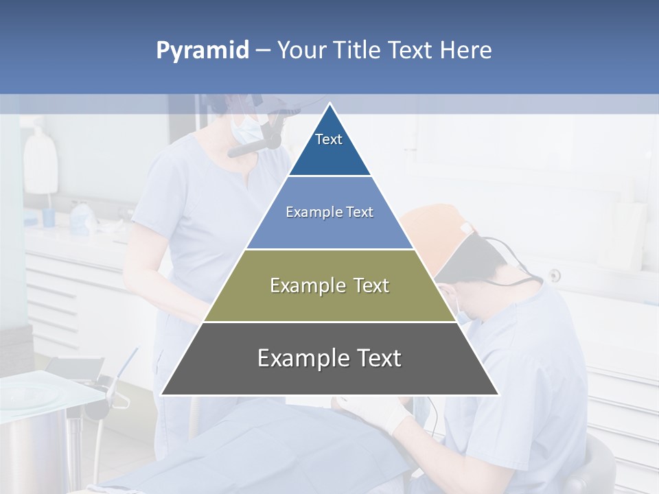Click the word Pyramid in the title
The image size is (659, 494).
point(203,51)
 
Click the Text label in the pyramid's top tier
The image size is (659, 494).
point(329,139)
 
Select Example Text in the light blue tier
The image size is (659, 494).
point(329,212)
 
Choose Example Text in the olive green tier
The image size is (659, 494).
point(329,285)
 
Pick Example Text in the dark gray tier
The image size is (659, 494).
point(329,358)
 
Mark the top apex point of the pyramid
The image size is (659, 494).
point(329,104)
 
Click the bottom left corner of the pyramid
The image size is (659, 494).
point(162,395)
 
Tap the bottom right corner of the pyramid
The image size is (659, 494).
point(498,395)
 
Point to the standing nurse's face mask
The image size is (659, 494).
point(246,128)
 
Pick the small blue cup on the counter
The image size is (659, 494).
point(49,217)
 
